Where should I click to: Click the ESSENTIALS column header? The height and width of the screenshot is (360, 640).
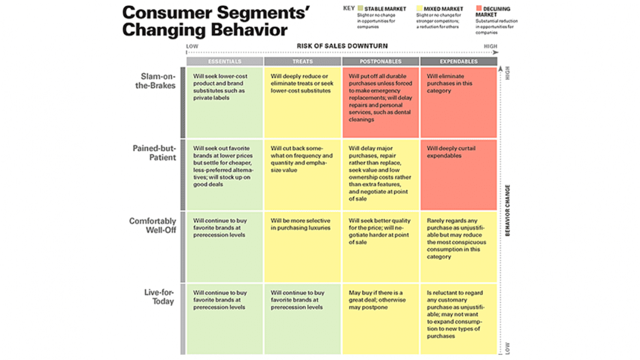[225, 61]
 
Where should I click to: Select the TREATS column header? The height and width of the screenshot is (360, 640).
[303, 61]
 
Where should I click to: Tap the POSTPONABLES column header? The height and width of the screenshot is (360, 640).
[381, 61]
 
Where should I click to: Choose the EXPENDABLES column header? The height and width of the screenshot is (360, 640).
[458, 61]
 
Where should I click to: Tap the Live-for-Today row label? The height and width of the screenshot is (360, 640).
[159, 297]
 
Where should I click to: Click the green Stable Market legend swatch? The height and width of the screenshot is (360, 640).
[361, 9]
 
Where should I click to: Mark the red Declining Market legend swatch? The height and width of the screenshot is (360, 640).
[478, 9]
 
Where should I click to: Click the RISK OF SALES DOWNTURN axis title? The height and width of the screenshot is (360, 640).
[342, 46]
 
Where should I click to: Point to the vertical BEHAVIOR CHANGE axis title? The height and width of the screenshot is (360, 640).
[508, 210]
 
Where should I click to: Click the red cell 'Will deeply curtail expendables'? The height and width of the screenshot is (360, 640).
[458, 174]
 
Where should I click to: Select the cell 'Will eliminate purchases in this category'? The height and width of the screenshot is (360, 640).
[458, 102]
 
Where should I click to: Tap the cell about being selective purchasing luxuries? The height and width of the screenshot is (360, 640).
[303, 246]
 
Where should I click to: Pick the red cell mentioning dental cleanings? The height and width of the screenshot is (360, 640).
[381, 102]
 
